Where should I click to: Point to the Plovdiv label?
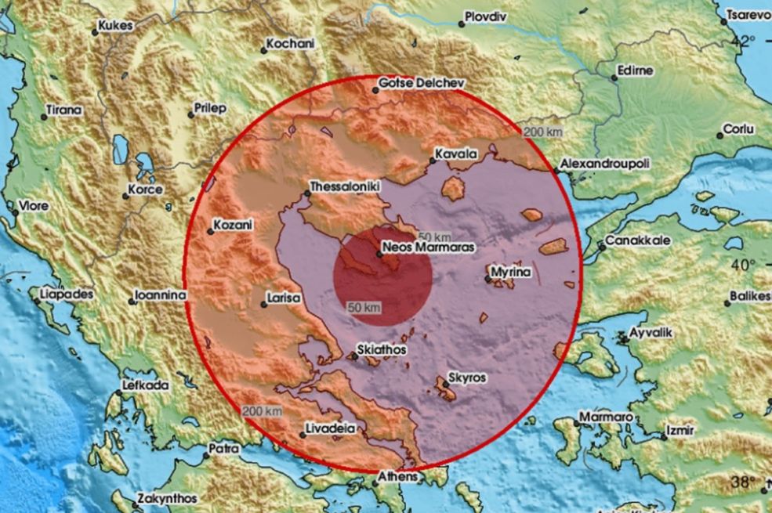[x=486, y=15]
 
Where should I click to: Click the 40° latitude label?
[x=740, y=265]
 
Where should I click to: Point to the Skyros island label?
[x=467, y=378]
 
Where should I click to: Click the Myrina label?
[x=511, y=273]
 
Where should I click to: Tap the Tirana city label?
[x=63, y=110]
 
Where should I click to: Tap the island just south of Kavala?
[x=453, y=188]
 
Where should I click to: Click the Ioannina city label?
[x=160, y=295]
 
